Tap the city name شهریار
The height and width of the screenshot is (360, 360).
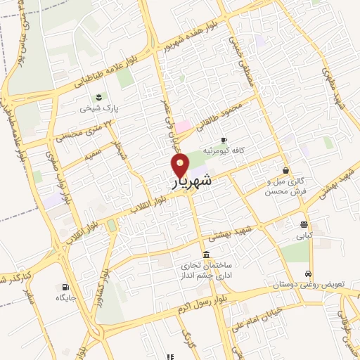coord(192,181)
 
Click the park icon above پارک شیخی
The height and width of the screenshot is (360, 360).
coord(98,97)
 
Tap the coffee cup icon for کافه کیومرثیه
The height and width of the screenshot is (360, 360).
coord(224,140)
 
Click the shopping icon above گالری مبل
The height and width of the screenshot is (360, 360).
coord(285,170)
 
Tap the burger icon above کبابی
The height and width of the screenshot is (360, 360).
coord(303,226)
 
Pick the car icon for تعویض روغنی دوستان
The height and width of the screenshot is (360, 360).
coord(308,274)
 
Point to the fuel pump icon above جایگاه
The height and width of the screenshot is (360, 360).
coord(65,287)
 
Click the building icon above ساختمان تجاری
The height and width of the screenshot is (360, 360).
coord(205,254)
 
